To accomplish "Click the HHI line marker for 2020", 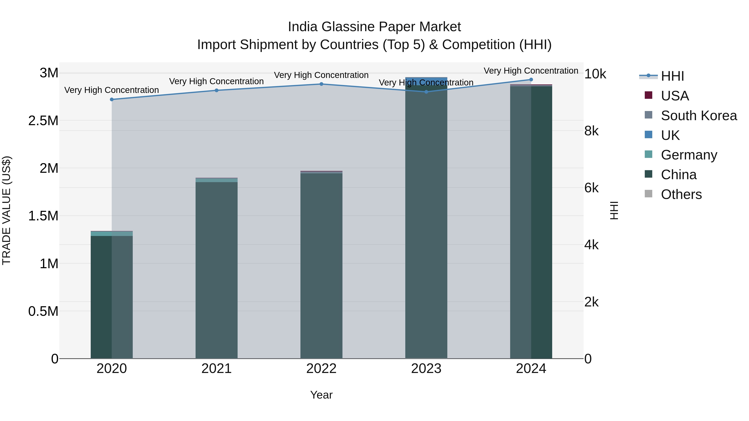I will (x=112, y=99).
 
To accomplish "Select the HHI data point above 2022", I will (x=321, y=84).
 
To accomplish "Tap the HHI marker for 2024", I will (x=531, y=80).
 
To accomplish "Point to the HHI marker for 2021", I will (x=216, y=90).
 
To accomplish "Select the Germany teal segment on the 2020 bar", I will (x=112, y=234).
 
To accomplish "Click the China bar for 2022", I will (x=321, y=266).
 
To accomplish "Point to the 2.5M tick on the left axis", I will (x=43, y=121).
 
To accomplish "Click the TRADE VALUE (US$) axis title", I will (x=7, y=210).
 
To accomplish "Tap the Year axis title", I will (x=321, y=395).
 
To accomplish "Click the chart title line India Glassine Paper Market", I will (x=374, y=27).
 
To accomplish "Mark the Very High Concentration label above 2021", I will (x=216, y=81).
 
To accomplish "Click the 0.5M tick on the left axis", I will (x=43, y=311).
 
